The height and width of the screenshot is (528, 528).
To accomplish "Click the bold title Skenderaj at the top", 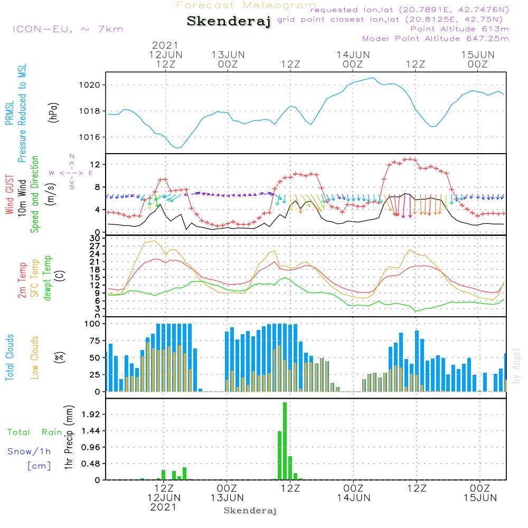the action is (229, 21).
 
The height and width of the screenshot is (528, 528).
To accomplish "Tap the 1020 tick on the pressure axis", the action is (90, 85).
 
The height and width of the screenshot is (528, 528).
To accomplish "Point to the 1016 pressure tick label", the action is (90, 137).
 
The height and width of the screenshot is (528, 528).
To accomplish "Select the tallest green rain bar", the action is (285, 441).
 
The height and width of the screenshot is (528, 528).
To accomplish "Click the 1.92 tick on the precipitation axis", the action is (91, 414).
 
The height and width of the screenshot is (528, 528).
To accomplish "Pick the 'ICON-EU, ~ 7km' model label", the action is (68, 29).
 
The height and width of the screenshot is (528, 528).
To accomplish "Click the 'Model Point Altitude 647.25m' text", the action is (436, 39).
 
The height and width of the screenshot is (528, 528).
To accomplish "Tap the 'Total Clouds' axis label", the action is (10, 357).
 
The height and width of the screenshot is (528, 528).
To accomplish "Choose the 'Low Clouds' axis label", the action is (35, 357).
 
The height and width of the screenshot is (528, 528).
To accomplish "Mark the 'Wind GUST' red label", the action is (10, 194).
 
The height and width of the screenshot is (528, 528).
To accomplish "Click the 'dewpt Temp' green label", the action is (48, 278).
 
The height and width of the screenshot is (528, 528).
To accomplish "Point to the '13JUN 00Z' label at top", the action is (228, 59).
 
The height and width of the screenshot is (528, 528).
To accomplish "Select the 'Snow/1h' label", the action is (29, 451).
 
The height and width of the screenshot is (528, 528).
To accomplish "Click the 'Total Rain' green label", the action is (35, 432).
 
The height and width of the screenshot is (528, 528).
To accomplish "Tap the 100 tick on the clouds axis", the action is (92, 324).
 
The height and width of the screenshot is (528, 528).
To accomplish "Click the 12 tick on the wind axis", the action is (95, 164).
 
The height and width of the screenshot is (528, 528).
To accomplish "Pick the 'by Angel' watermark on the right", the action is (516, 366).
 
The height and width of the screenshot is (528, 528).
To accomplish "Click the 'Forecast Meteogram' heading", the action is (246, 5).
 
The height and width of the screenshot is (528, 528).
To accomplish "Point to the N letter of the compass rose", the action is (72, 156).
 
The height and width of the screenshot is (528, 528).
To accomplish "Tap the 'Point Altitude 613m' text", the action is (460, 29).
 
